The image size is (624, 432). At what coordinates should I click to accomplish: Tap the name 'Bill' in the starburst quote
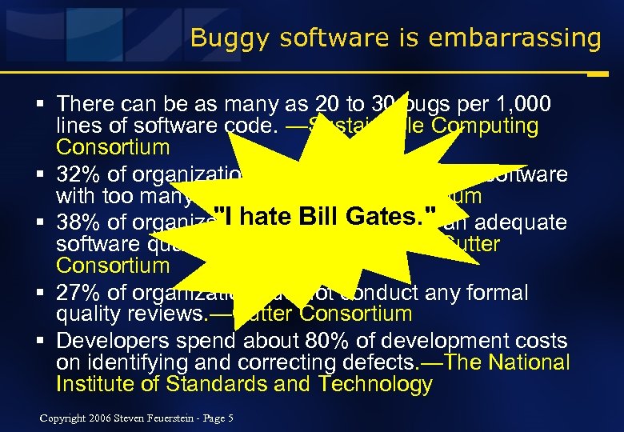(x=329, y=216)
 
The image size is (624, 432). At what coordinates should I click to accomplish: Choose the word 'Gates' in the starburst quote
(x=390, y=216)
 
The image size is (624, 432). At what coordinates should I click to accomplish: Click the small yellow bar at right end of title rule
(x=596, y=73)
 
